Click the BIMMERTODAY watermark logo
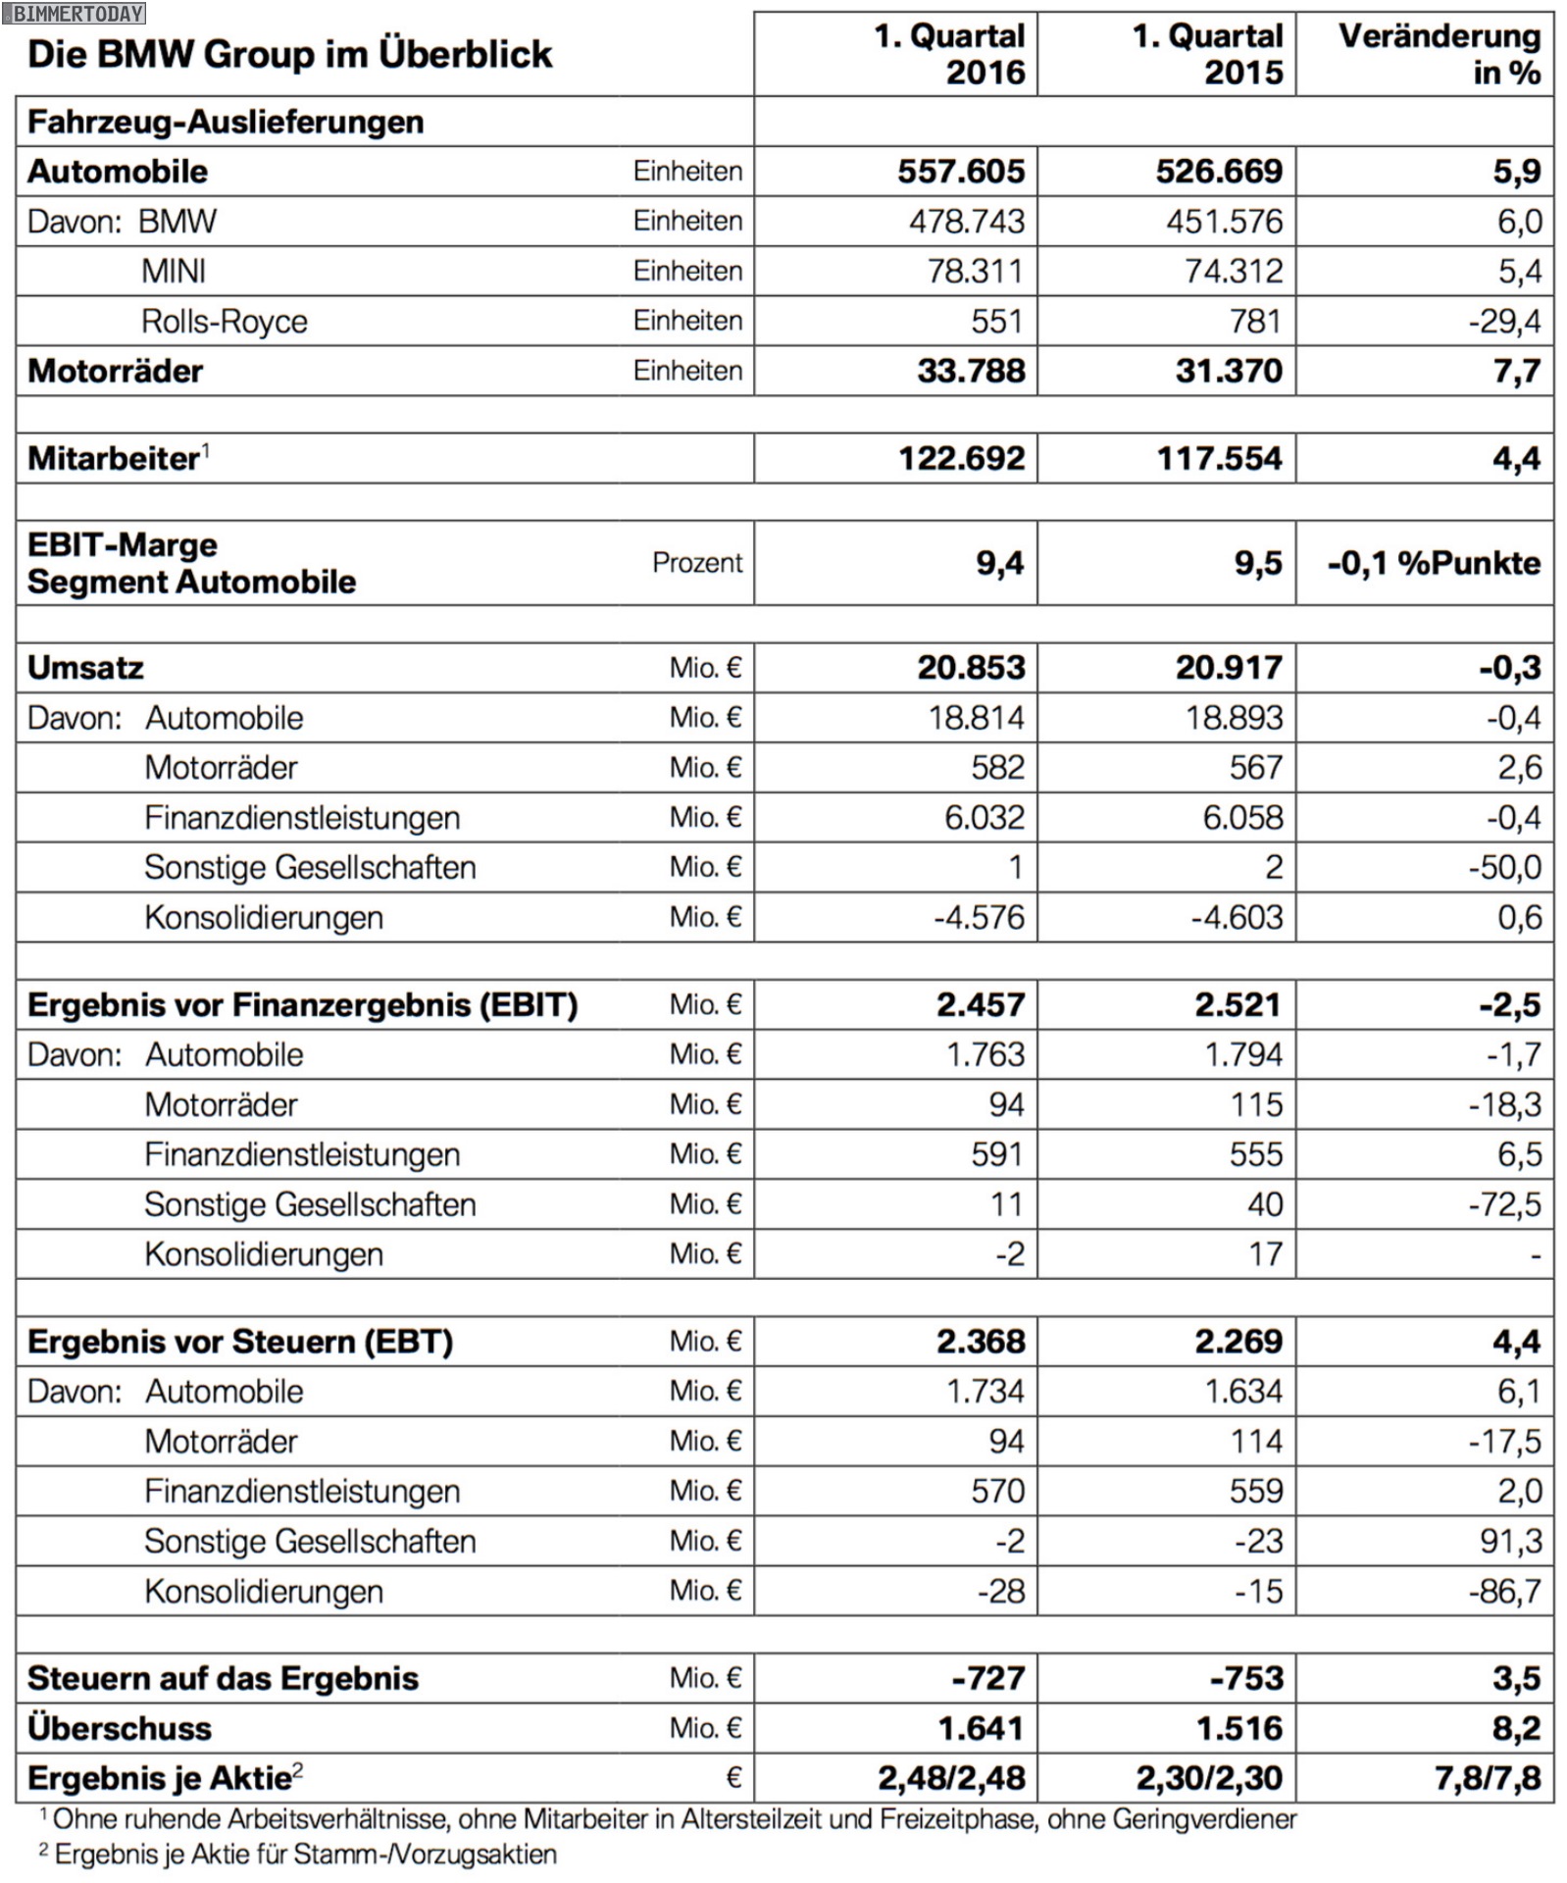click(x=74, y=14)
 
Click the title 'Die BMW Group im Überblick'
click(x=290, y=55)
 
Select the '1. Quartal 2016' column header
click(x=949, y=54)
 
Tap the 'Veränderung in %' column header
click(x=1439, y=54)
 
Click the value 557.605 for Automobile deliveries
click(x=961, y=172)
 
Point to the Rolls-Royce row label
click(x=224, y=322)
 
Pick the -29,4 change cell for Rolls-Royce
click(x=1504, y=322)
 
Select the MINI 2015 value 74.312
click(x=1234, y=272)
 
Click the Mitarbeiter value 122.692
click(x=961, y=459)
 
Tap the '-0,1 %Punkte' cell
click(x=1434, y=563)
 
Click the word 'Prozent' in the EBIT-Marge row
click(x=697, y=563)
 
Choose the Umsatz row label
click(x=85, y=668)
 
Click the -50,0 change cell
click(x=1504, y=868)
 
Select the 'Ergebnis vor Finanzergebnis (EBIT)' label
click(x=302, y=1005)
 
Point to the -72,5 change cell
click(x=1504, y=1204)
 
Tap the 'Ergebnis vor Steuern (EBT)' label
click(x=240, y=1342)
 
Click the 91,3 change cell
click(x=1510, y=1542)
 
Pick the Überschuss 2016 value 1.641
click(x=981, y=1728)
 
